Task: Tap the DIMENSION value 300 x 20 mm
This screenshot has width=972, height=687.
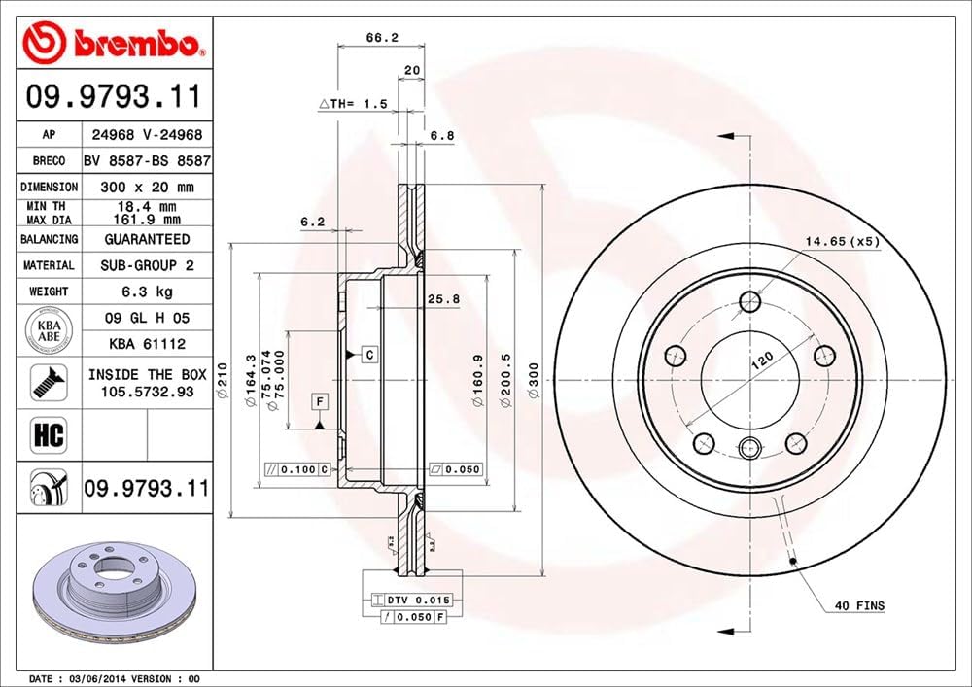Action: click(x=147, y=187)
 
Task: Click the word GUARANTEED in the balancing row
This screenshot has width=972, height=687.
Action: click(x=147, y=239)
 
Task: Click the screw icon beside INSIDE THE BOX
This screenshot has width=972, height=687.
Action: click(x=48, y=382)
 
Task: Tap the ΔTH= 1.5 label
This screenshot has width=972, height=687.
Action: click(x=353, y=103)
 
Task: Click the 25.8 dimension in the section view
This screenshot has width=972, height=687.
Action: click(x=443, y=299)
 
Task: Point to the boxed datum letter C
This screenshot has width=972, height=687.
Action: click(x=370, y=355)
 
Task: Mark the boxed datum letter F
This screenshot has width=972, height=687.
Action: click(x=319, y=400)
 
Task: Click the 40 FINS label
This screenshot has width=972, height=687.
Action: click(x=860, y=605)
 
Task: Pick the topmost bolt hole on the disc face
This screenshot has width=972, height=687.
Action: click(x=748, y=301)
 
